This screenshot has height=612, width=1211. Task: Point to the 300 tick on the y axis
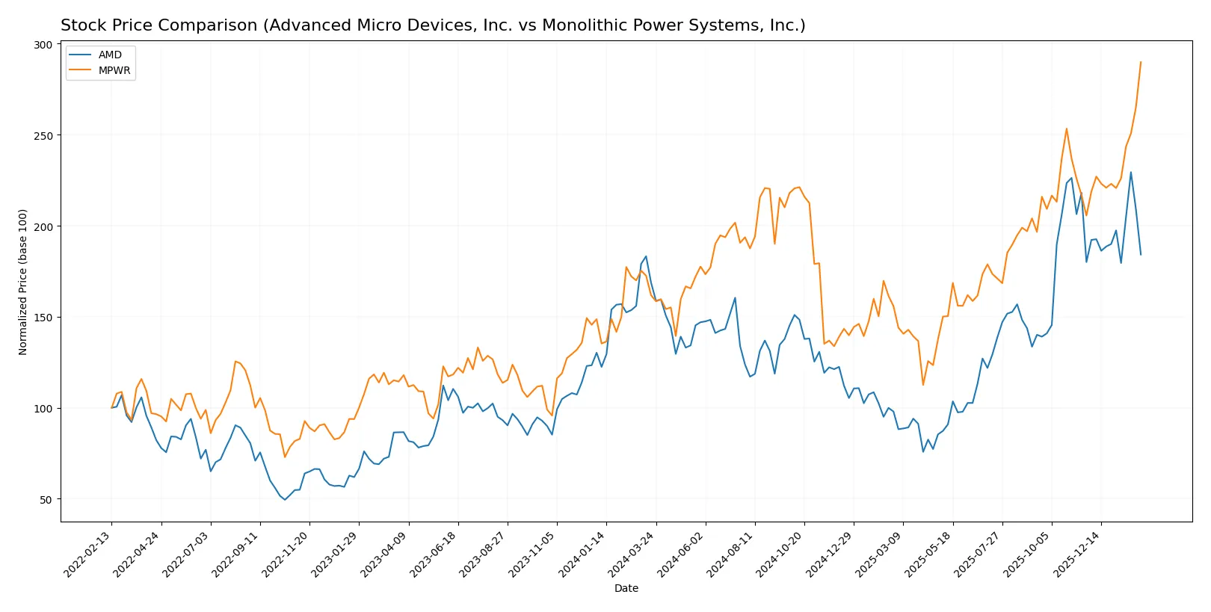[43, 45]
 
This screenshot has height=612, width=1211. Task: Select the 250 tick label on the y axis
[43, 136]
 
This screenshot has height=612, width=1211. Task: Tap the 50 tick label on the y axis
[46, 499]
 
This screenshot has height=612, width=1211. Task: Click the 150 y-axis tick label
[43, 318]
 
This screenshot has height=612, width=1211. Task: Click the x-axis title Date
[626, 588]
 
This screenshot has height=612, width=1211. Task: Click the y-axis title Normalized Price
[23, 282]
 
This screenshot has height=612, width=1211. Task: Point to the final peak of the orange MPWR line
[1141, 62]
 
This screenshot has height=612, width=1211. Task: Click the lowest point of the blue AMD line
[285, 499]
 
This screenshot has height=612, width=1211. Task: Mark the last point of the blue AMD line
[1141, 255]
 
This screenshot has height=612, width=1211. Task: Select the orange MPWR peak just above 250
[1067, 129]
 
